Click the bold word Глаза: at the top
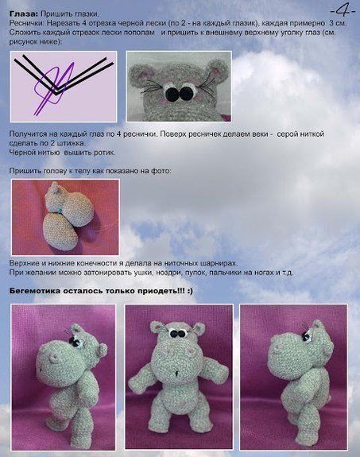(24, 14)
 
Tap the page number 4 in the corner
(343, 11)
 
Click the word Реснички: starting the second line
(27, 23)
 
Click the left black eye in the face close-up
(172, 93)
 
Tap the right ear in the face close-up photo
(218, 71)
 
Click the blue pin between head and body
(59, 210)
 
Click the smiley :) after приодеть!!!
(190, 291)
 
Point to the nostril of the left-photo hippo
(53, 358)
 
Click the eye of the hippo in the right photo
(306, 337)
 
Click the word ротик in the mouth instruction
(105, 153)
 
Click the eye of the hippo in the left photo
(76, 343)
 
